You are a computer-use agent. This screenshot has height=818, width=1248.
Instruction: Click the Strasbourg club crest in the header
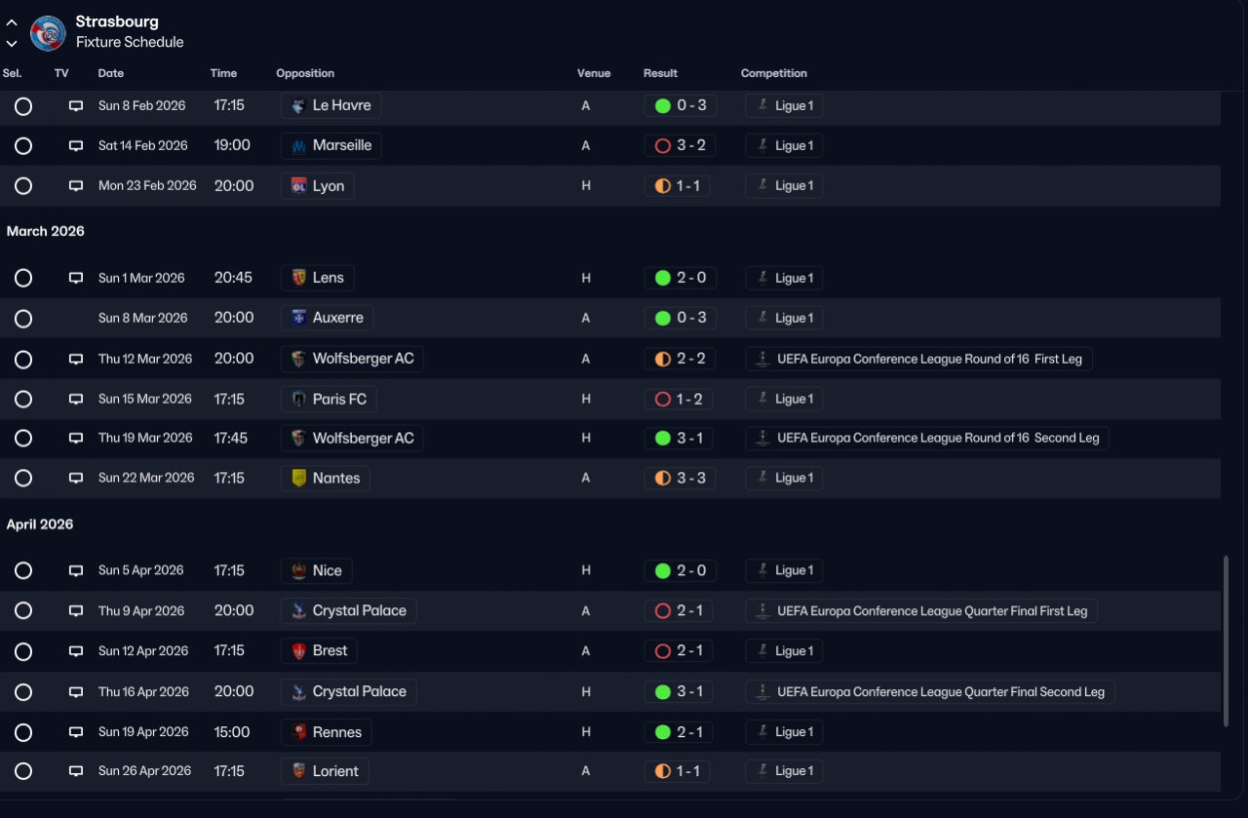pyautogui.click(x=48, y=33)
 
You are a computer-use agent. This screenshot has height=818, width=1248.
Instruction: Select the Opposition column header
pyautogui.click(x=305, y=73)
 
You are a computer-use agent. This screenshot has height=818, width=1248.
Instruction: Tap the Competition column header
pyautogui.click(x=773, y=73)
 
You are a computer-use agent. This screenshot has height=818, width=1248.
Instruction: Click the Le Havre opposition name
pyautogui.click(x=341, y=105)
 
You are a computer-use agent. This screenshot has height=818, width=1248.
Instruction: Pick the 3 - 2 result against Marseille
pyautogui.click(x=691, y=145)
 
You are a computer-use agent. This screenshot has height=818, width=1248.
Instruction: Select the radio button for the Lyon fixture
pyautogui.click(x=23, y=185)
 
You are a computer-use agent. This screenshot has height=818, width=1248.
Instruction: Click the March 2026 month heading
pyautogui.click(x=45, y=231)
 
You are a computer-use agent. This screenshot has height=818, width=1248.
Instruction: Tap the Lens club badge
pyautogui.click(x=298, y=278)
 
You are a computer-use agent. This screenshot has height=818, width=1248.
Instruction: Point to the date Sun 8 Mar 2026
pyautogui.click(x=142, y=318)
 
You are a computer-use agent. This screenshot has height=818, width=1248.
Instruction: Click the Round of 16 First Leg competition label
pyautogui.click(x=929, y=359)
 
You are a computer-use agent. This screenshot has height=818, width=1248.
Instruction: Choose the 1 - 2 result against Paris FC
pyautogui.click(x=688, y=399)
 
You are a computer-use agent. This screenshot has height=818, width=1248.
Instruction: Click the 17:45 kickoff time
pyautogui.click(x=231, y=438)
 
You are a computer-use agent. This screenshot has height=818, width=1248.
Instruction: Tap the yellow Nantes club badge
pyautogui.click(x=298, y=478)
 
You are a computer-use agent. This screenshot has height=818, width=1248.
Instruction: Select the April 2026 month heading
pyautogui.click(x=40, y=525)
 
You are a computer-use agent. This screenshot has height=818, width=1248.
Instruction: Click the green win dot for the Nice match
pyautogui.click(x=662, y=570)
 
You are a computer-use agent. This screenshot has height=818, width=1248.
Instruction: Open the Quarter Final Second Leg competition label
pyautogui.click(x=941, y=692)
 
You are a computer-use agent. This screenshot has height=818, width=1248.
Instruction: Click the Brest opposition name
pyautogui.click(x=330, y=651)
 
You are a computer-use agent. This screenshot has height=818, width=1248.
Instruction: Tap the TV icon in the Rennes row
pyautogui.click(x=76, y=731)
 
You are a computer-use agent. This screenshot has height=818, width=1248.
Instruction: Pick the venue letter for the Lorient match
pyautogui.click(x=586, y=771)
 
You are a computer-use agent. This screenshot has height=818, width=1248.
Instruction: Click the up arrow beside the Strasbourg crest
pyautogui.click(x=12, y=22)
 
